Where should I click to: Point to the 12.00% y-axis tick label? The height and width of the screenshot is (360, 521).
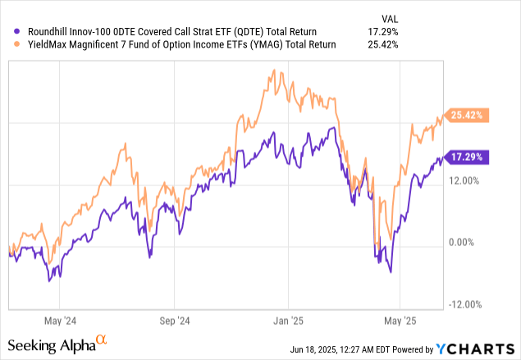pos(465,180)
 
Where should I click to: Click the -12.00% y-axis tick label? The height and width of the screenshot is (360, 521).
pos(464,304)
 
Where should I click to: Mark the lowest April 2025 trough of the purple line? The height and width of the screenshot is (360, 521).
pos(391,272)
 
